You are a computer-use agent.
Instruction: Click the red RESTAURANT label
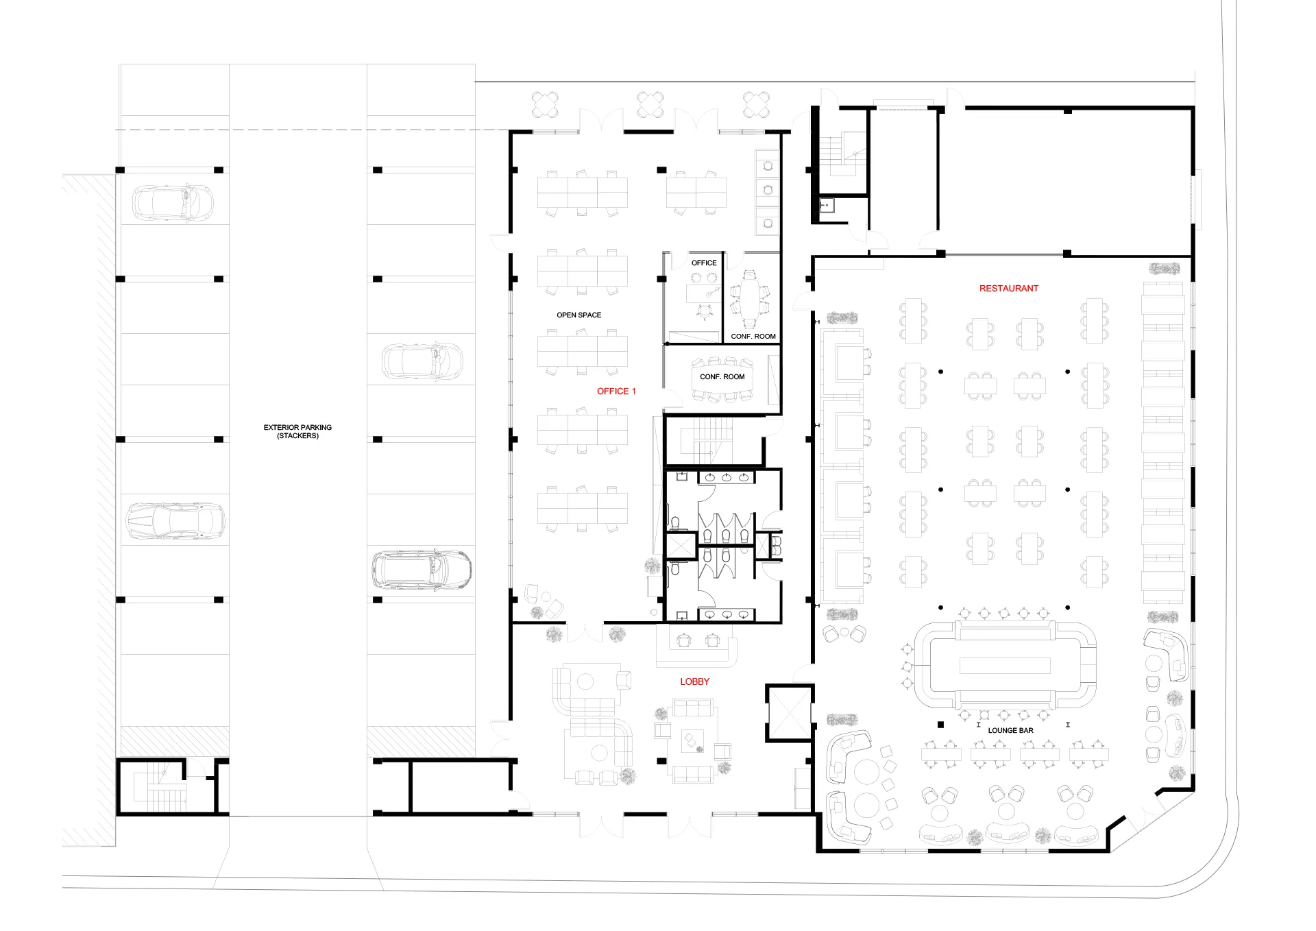(1008, 289)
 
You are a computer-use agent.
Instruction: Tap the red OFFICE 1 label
(616, 391)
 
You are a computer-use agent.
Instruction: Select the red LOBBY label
(694, 681)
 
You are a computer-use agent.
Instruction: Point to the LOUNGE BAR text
(1010, 731)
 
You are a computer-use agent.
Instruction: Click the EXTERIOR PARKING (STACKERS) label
(297, 431)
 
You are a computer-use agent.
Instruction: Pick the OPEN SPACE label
(578, 315)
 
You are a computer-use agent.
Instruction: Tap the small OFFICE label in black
(704, 263)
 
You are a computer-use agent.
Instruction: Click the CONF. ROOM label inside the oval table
(722, 377)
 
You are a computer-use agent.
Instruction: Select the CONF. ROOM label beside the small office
(753, 337)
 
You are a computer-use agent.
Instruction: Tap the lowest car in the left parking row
(175, 520)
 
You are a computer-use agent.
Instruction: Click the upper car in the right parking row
(422, 361)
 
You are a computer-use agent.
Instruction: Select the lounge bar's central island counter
(1005, 665)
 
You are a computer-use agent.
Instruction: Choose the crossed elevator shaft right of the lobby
(790, 713)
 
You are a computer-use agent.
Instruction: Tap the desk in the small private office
(704, 293)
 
